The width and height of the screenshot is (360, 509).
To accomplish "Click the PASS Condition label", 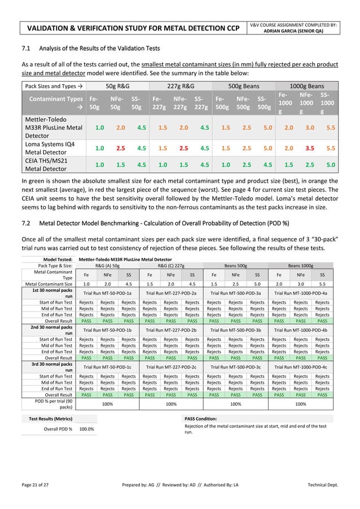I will click(x=201, y=418).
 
